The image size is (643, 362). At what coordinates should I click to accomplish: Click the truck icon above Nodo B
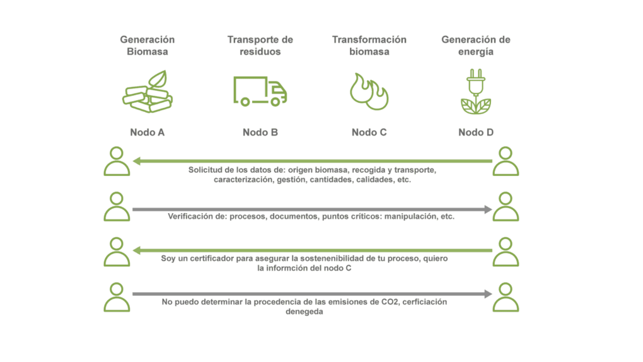pos(260,91)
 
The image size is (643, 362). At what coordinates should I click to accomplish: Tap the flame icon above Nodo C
pos(369,91)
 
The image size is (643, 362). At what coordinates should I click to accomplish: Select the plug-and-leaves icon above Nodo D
pos(476,91)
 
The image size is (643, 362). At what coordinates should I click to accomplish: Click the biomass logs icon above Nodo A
pos(148,91)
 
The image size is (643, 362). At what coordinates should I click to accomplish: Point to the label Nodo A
pos(148,132)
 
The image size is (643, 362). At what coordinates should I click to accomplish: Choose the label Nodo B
pos(260,132)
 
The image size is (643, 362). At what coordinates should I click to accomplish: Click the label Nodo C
pos(369,132)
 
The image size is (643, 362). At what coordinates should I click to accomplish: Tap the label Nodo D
pos(476,132)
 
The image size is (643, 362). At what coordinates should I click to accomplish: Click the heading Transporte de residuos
pos(260,45)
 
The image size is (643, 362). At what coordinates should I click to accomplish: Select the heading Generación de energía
pos(476,45)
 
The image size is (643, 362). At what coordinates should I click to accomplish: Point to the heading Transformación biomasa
pos(369,45)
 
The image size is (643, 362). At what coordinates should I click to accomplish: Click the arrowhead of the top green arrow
pos(137,161)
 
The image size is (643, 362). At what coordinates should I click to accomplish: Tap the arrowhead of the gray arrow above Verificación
pos(488,209)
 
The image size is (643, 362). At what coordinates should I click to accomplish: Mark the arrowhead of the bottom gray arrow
pos(488,294)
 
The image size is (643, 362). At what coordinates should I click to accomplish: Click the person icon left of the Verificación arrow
pos(117,206)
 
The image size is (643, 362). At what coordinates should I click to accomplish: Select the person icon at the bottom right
pos(506,297)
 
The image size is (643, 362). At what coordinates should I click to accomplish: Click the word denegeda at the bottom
pos(304,312)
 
